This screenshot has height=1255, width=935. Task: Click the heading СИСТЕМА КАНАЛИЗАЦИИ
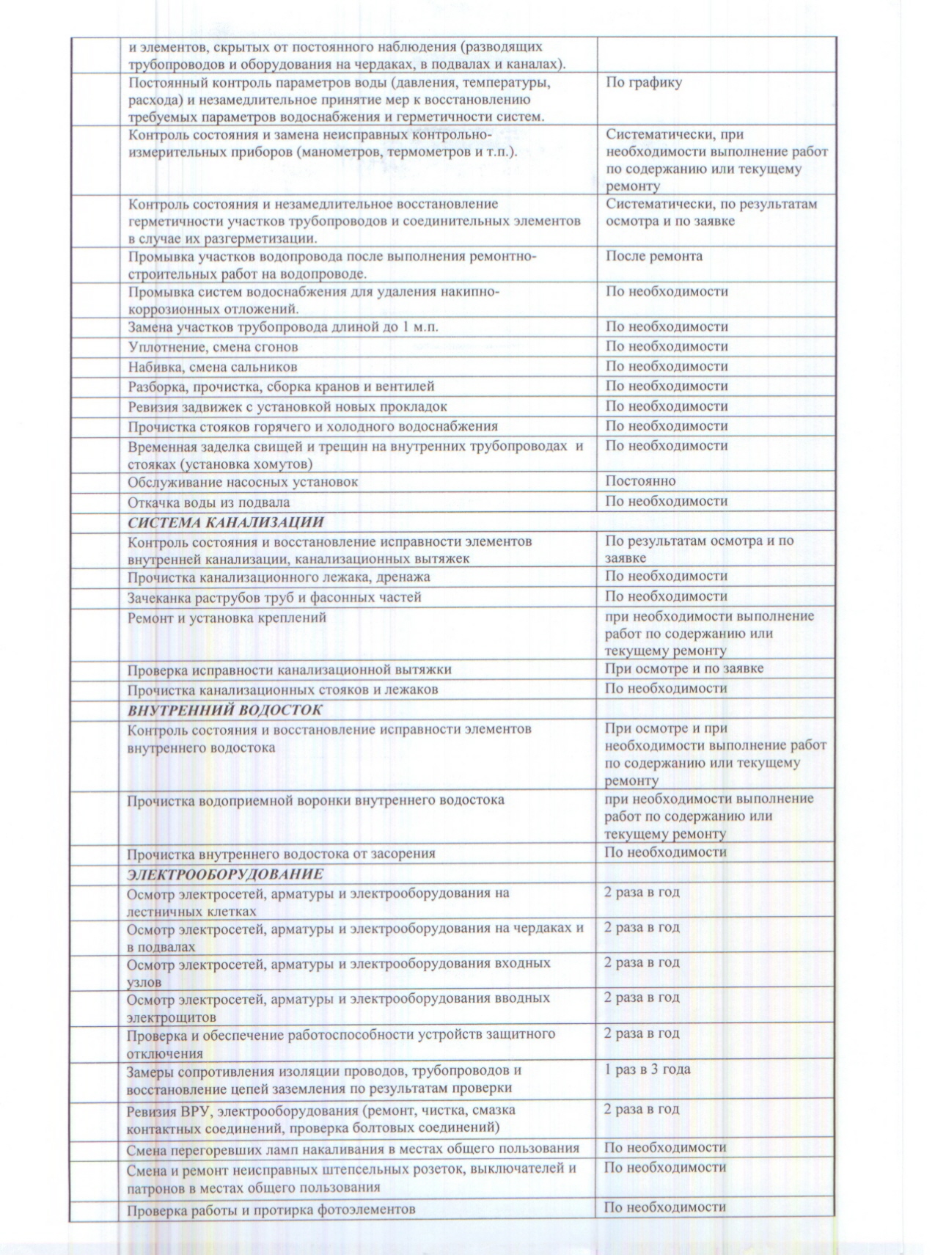226,522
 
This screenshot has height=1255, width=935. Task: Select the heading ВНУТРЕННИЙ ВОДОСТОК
224,710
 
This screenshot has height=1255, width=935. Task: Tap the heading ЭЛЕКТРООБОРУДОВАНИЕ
225,874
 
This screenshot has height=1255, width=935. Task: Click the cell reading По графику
644,82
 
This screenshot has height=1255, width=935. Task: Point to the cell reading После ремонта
653,256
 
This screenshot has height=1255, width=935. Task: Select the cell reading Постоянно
640,481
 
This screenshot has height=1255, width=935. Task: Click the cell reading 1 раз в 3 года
648,1069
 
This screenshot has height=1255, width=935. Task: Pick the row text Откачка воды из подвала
208,502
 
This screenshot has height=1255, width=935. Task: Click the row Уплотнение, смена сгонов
213,347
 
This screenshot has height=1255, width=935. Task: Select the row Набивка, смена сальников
212,367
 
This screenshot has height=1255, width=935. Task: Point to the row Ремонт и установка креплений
227,618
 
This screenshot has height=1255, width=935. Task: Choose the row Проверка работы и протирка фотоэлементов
271,1210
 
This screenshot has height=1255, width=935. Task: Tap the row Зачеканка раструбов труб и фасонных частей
274,597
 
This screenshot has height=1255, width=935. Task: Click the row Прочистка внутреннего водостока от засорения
281,854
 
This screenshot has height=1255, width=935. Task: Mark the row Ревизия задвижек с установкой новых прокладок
287,406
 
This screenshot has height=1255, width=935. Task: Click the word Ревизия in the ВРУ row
152,1110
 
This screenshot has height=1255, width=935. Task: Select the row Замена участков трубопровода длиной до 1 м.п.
283,327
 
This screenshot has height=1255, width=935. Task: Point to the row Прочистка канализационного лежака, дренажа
279,577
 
